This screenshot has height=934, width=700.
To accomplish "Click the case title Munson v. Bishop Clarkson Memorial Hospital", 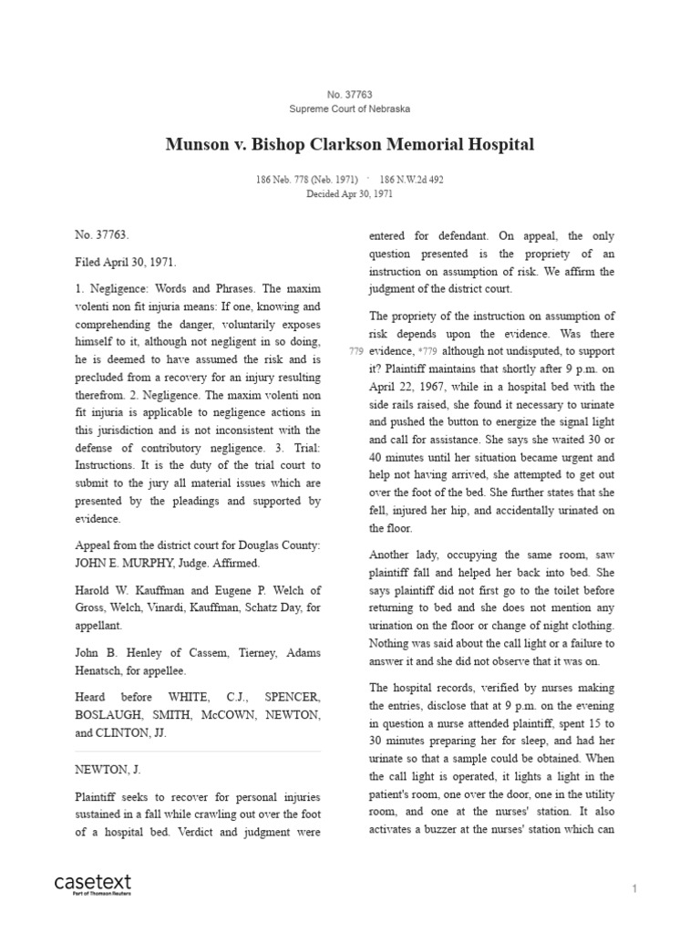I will pos(349,144).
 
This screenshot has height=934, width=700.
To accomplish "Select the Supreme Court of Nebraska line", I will pos(349,109).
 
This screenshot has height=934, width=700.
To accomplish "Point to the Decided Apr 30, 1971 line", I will pos(349,193).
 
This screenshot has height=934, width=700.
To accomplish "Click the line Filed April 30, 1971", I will pos(126,260).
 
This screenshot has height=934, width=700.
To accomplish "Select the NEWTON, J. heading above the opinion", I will pos(108,769).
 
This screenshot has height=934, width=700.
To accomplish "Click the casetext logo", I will pos(93,882).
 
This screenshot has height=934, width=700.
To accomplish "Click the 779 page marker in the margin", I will pos(355,352).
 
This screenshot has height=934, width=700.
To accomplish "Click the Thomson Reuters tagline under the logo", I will pos(93,894).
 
